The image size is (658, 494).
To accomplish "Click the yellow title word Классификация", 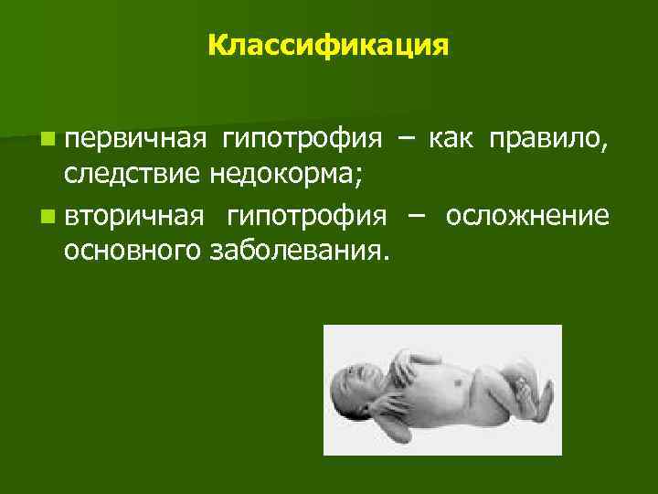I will [x=328, y=45].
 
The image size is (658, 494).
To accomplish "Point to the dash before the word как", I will [x=403, y=140].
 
